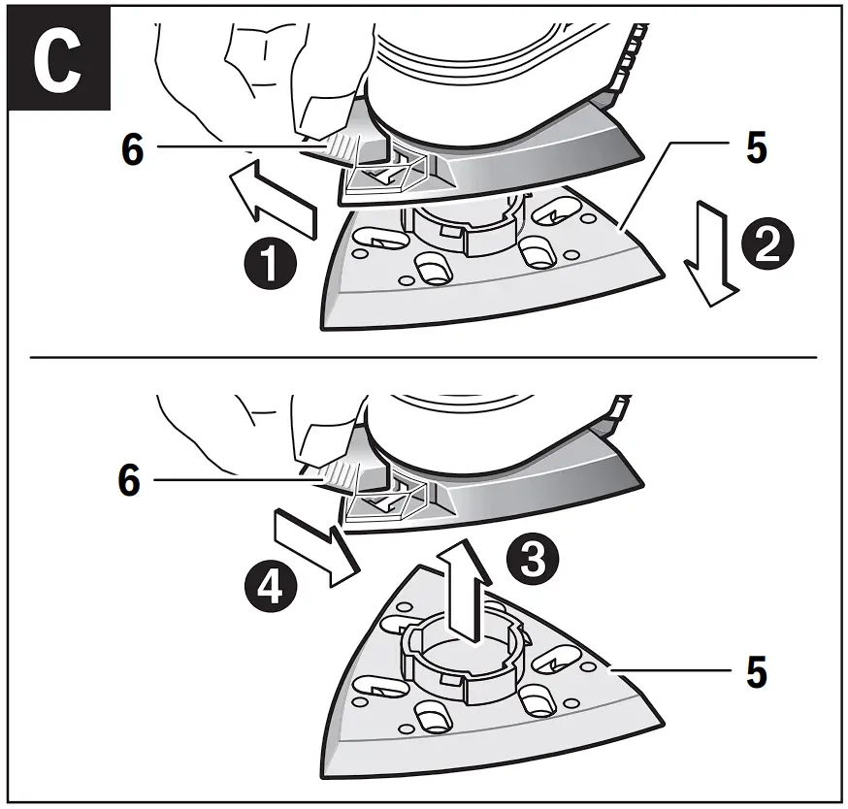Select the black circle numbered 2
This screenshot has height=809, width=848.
766,243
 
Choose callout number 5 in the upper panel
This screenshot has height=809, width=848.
756,147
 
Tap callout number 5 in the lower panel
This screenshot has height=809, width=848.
756,671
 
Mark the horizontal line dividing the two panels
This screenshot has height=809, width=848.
424,357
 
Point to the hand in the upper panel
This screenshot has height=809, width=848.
262,68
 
